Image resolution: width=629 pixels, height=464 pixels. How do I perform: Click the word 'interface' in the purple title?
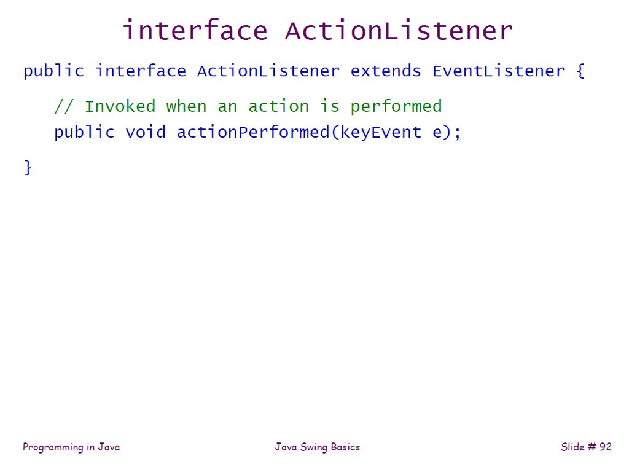[195, 31]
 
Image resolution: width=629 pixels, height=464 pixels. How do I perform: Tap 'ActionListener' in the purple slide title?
[399, 31]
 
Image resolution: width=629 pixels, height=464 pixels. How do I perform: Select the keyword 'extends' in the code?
[386, 71]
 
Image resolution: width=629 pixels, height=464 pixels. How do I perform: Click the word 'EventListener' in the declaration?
[498, 71]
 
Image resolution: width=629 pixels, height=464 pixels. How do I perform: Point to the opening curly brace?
[580, 71]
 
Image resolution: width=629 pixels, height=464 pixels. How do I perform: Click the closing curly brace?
[28, 167]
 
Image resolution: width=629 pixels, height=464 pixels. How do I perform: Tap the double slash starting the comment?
[64, 107]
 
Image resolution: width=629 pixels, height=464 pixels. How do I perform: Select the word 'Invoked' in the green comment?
[120, 107]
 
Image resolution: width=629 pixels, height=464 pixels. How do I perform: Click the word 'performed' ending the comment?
[396, 107]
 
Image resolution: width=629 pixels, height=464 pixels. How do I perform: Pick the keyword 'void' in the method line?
[146, 132]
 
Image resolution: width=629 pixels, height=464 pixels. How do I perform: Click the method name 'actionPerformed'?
[253, 132]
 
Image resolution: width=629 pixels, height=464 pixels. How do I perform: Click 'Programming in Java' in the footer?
[71, 447]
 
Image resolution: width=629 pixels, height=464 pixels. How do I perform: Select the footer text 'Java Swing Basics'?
[318, 447]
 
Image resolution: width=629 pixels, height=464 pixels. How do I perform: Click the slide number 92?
[605, 447]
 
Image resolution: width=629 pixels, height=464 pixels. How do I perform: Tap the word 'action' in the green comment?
[278, 107]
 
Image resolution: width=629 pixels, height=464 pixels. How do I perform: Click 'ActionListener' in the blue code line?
[268, 71]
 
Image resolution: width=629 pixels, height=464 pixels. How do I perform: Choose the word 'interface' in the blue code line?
[140, 71]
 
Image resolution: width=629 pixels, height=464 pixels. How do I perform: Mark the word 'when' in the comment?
[186, 107]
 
